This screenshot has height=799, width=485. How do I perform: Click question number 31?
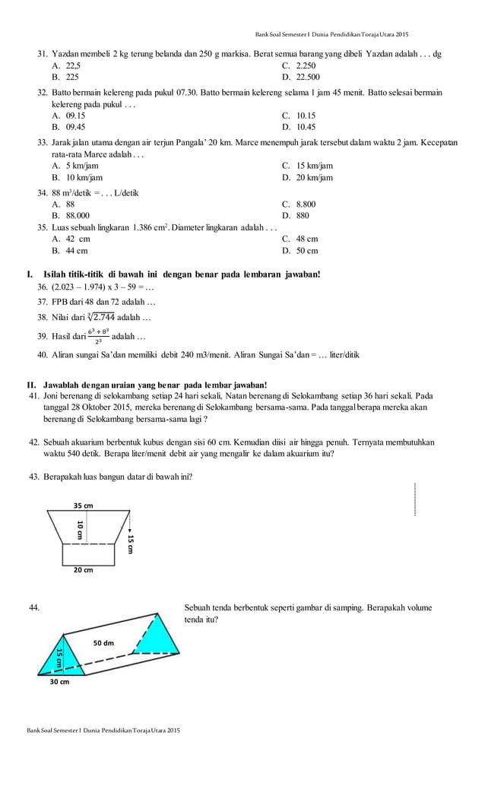point(43,54)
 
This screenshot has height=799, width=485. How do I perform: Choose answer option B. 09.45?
point(68,127)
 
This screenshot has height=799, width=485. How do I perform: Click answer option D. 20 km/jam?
point(307,177)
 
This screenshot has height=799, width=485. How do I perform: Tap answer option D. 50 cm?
point(300,250)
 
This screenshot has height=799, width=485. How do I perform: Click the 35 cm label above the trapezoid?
point(83,506)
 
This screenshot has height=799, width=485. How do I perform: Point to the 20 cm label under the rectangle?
point(83,569)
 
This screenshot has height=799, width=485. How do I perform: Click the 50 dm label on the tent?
point(103,642)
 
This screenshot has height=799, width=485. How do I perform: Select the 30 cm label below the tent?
point(59,682)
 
